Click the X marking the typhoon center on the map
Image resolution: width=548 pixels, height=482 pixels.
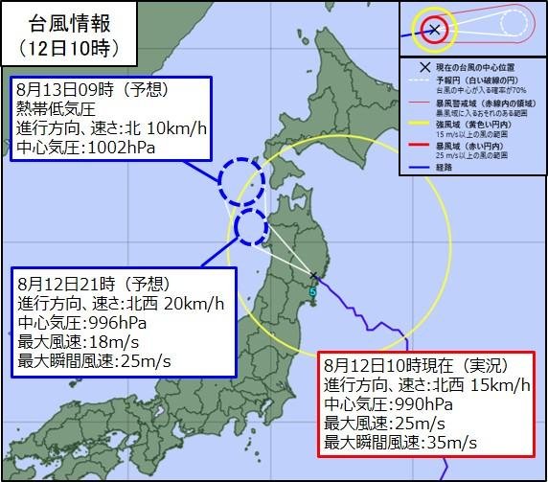pyautogui.click(x=314, y=277)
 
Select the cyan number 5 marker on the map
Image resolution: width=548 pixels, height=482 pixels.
pyautogui.click(x=312, y=291)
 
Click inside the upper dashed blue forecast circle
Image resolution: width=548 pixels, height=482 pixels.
pyautogui.click(x=240, y=178)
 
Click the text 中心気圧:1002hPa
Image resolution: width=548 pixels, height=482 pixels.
pyautogui.click(x=85, y=149)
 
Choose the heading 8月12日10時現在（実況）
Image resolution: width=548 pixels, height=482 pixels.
pyautogui.click(x=415, y=365)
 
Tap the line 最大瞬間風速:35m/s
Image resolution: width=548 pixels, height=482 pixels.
pyautogui.click(x=400, y=444)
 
